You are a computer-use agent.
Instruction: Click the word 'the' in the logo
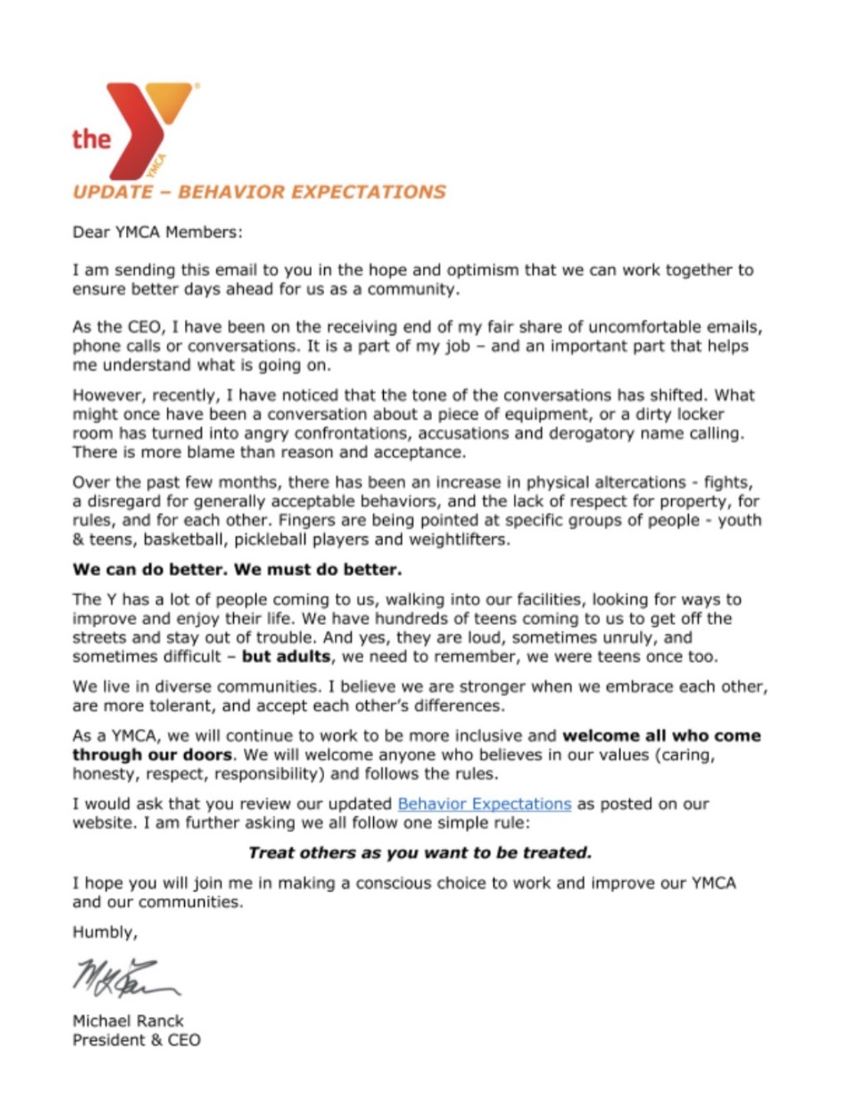91,139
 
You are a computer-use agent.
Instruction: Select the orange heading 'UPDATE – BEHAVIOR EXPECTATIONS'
259,192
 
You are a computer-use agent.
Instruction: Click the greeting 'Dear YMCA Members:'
157,232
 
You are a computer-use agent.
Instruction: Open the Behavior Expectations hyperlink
484,804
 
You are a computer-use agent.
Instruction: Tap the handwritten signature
123,977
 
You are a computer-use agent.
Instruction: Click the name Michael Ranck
128,1021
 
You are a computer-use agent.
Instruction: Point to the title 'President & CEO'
136,1040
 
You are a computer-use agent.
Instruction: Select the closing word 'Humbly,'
105,932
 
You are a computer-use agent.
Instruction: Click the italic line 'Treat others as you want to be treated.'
420,853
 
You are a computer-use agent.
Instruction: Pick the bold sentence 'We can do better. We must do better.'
237,569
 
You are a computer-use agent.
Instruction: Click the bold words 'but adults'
286,657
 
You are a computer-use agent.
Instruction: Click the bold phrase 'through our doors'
151,755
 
